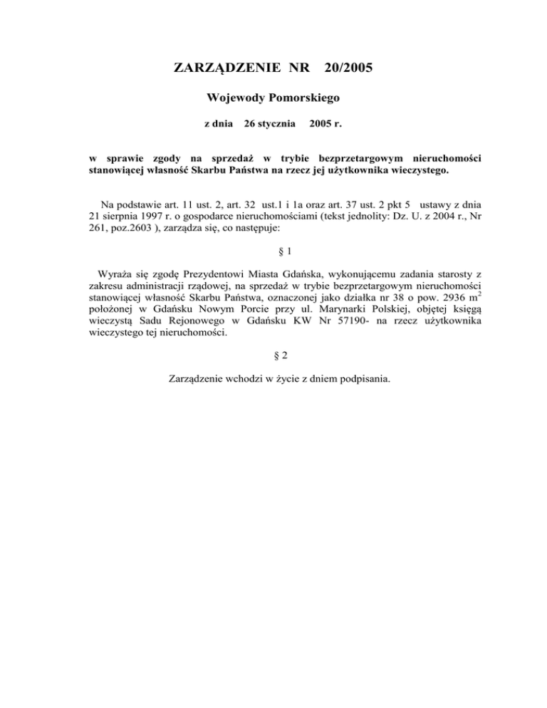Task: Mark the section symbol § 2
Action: coord(273,353)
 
